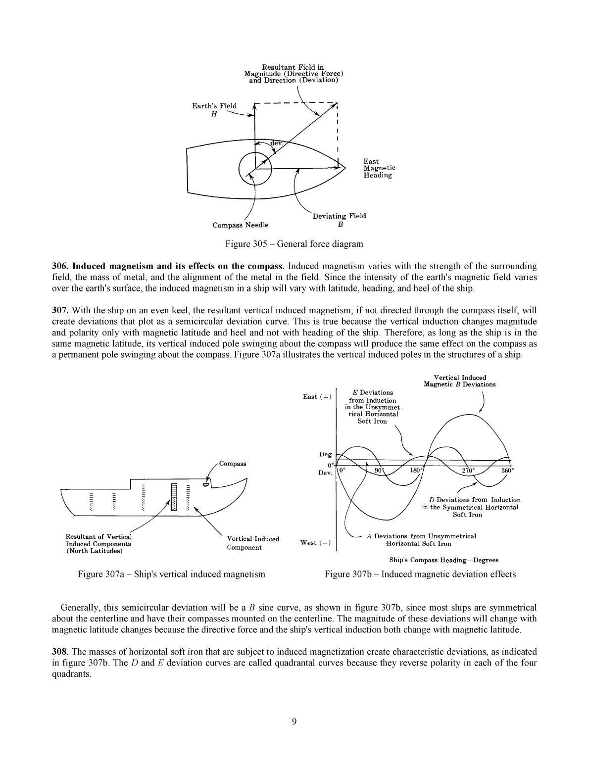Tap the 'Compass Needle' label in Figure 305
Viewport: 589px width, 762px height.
point(241,225)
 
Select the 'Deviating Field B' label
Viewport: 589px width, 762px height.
point(340,219)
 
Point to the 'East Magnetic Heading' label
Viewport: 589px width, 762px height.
point(379,168)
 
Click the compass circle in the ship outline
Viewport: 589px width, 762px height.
point(255,168)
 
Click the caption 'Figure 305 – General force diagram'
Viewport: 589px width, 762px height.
point(294,244)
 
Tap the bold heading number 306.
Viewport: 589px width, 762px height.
point(60,266)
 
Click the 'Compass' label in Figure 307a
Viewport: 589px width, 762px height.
point(233,464)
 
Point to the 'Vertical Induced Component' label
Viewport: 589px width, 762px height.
point(252,543)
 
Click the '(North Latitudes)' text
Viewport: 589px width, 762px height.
point(94,551)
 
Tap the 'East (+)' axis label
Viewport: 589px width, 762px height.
point(317,396)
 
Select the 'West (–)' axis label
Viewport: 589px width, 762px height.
point(316,543)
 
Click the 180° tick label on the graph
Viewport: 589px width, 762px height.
point(416,471)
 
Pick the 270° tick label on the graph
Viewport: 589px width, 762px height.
point(468,471)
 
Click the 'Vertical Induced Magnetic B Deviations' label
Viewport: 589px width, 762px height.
point(459,381)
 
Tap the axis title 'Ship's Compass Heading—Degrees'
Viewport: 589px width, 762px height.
point(443,560)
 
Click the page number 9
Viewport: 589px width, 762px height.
point(294,722)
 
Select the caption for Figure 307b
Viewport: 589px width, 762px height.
point(420,574)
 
